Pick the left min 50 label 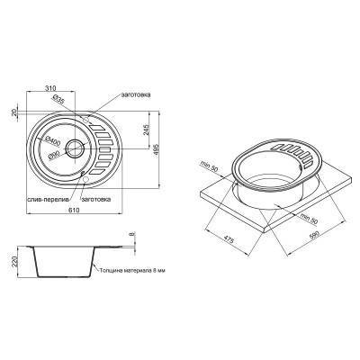coord(213,165)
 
